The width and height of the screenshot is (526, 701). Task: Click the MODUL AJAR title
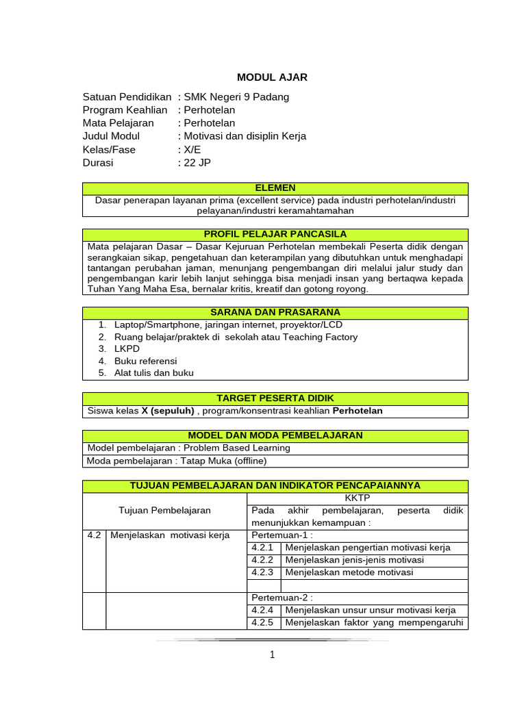click(x=272, y=77)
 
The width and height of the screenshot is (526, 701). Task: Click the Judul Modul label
click(x=111, y=136)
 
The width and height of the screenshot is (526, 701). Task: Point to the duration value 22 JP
click(x=198, y=163)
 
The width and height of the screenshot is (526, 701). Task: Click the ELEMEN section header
click(x=275, y=188)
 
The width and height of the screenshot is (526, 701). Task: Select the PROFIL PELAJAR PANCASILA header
click(x=275, y=234)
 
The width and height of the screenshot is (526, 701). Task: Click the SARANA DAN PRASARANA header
click(x=275, y=313)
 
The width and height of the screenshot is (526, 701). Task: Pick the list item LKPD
click(x=127, y=348)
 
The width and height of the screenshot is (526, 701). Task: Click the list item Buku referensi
click(x=145, y=361)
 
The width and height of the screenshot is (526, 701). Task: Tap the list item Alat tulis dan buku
click(x=153, y=373)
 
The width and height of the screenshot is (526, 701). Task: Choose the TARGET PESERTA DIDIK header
click(x=275, y=398)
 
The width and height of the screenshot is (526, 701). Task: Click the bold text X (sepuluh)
click(x=168, y=411)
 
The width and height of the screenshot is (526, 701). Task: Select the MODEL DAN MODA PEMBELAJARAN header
click(x=275, y=435)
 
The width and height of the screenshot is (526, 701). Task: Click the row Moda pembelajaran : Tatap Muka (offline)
click(x=177, y=461)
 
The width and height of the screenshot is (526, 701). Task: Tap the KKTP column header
click(x=357, y=498)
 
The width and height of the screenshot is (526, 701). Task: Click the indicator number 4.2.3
click(x=262, y=572)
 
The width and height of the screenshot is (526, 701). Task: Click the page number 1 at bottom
click(x=272, y=655)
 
